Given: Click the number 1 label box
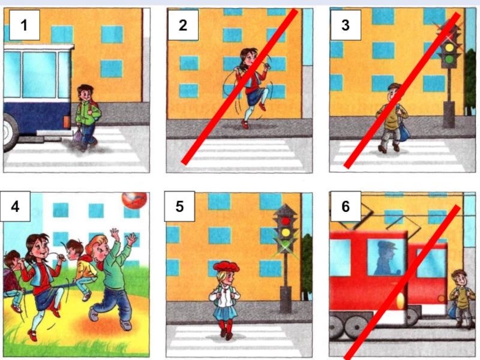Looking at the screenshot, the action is (25, 25).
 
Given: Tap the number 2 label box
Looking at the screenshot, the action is (183, 25).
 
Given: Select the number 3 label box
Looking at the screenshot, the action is (346, 25).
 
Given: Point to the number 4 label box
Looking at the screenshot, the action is (15, 206).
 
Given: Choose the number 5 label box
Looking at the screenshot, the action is (179, 206).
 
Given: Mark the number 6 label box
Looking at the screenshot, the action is (346, 206).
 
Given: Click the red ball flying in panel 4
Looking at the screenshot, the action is (134, 200).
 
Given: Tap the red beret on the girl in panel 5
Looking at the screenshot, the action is (226, 267).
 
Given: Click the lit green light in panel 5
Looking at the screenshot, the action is (286, 244).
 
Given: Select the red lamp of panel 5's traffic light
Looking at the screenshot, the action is (286, 221).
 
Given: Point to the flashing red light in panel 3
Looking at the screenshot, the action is (449, 37).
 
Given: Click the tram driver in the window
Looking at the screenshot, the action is (385, 258).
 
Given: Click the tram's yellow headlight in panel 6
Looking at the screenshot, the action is (400, 302).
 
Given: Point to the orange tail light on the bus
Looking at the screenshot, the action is (67, 122).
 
